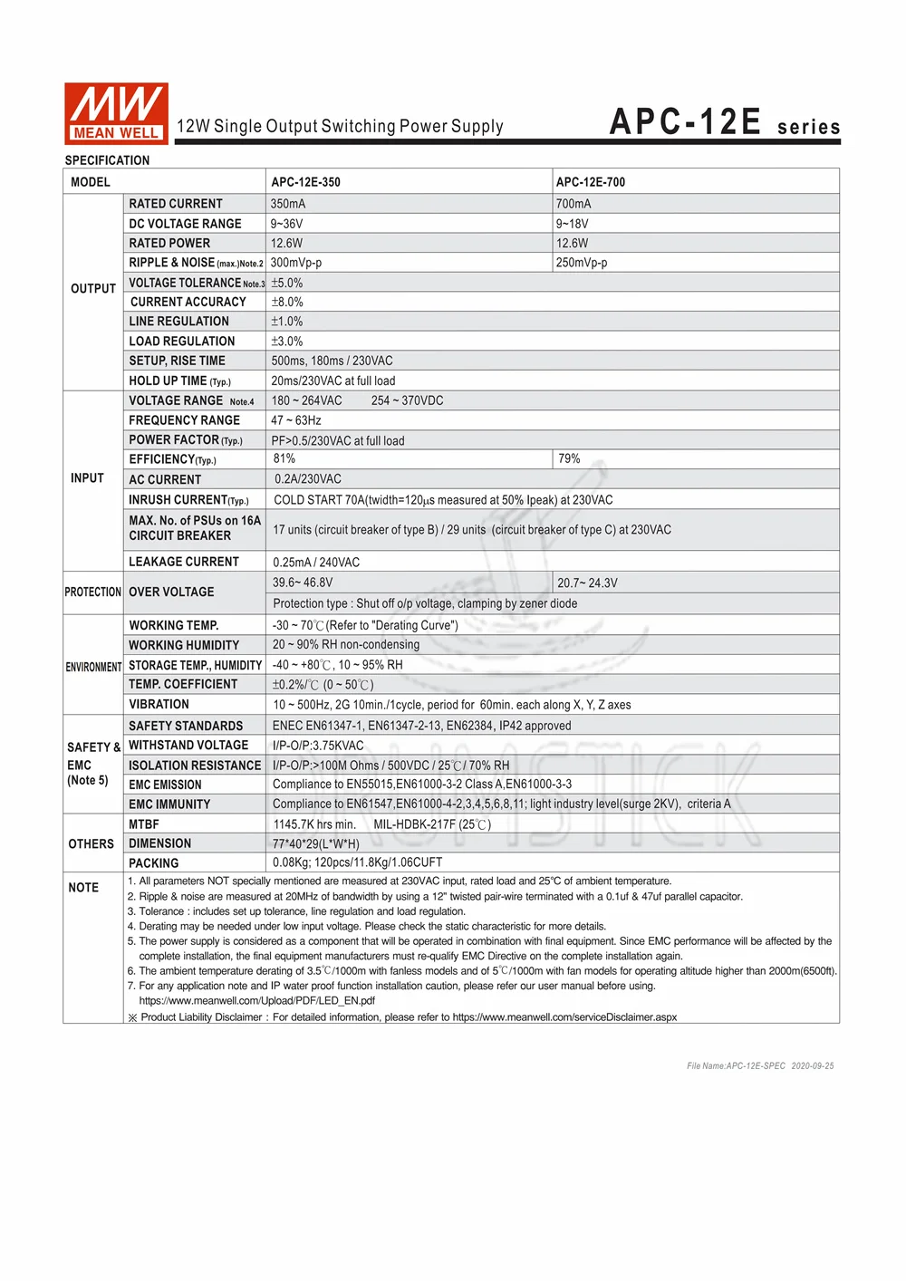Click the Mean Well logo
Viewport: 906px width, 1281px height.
116,113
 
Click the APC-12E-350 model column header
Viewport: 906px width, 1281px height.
306,182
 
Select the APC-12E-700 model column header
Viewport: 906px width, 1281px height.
591,182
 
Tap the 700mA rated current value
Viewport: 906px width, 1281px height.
573,204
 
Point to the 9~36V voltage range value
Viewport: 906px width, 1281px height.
287,224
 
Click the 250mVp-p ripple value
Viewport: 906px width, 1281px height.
582,263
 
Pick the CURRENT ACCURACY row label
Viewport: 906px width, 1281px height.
188,302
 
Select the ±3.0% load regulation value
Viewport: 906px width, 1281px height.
287,342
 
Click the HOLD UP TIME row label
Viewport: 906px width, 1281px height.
179,381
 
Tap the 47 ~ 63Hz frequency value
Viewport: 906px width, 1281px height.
296,420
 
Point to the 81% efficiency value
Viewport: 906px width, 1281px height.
284,459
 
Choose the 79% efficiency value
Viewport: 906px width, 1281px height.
569,459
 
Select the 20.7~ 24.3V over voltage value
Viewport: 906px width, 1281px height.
587,583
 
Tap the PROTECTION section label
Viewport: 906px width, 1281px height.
92,592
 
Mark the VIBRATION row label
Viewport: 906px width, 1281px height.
159,705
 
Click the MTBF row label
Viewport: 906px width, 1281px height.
144,824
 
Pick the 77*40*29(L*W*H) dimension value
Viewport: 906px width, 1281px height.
316,844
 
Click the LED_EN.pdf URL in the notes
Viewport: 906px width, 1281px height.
257,1001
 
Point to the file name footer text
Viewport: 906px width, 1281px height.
760,1066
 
